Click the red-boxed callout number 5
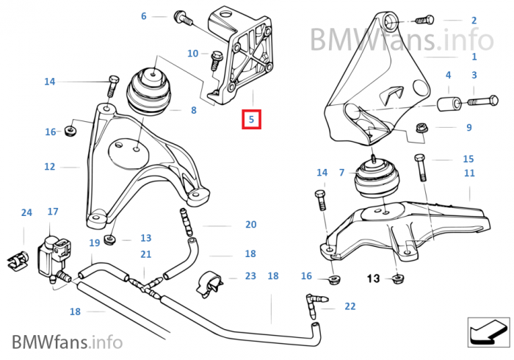click(x=251, y=119)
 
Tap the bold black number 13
click(x=373, y=278)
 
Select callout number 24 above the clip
click(x=26, y=213)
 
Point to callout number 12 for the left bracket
click(x=49, y=167)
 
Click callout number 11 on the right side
click(x=469, y=173)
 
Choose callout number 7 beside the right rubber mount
click(x=341, y=172)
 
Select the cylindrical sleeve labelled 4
click(x=447, y=104)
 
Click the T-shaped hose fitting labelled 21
click(x=145, y=280)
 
